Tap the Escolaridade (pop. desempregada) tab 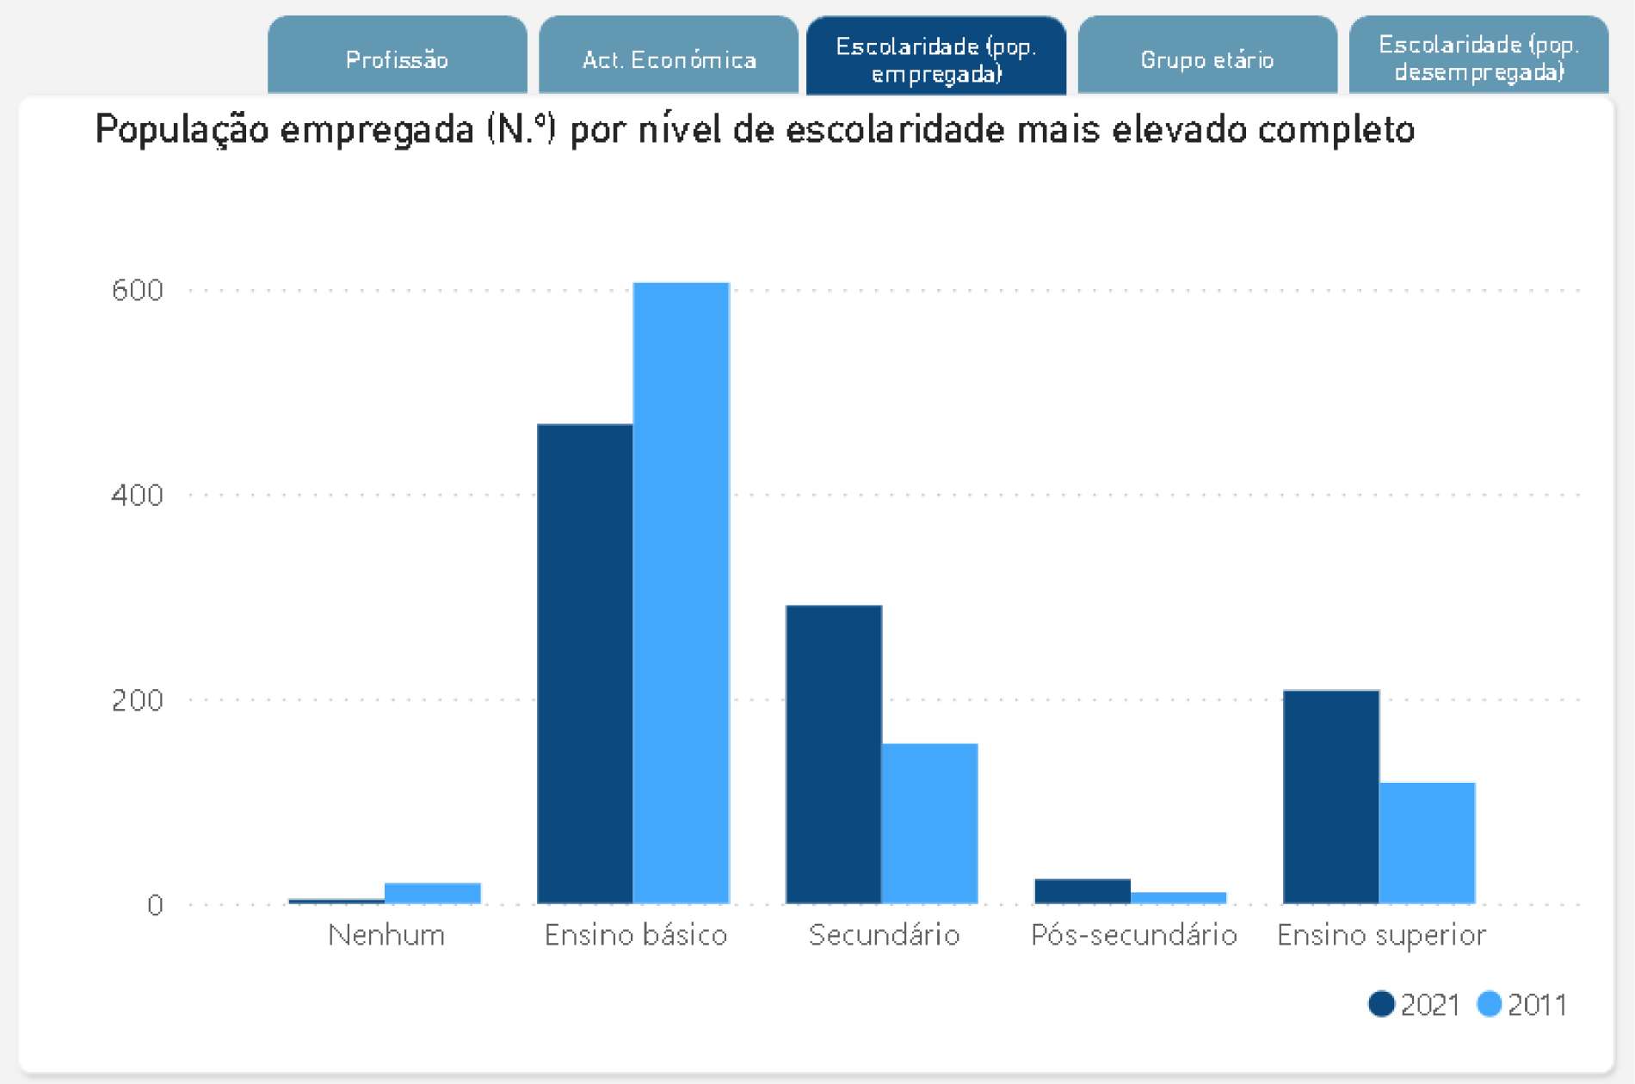click(1478, 57)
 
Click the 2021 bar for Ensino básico click(585, 662)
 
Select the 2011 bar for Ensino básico click(681, 594)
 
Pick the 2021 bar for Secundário click(833, 754)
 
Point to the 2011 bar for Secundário click(929, 822)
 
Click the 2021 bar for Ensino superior click(1330, 796)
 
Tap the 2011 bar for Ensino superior click(1427, 842)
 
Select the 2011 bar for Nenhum click(432, 893)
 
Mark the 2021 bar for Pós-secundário click(1082, 890)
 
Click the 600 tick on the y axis click(138, 290)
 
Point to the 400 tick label click(138, 495)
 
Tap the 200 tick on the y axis click(138, 699)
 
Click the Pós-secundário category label click(1133, 934)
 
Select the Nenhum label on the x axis click(386, 934)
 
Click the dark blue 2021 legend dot click(1381, 1004)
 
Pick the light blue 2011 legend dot click(1489, 1004)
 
